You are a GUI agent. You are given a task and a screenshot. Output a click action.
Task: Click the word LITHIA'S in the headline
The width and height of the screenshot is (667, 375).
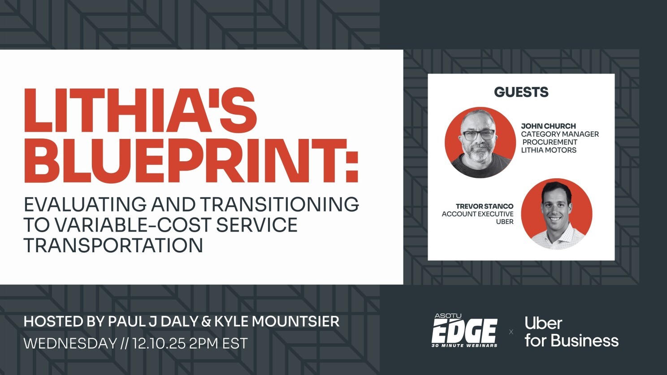(140, 110)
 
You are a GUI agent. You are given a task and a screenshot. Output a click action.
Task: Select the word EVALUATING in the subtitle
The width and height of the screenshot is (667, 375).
(85, 204)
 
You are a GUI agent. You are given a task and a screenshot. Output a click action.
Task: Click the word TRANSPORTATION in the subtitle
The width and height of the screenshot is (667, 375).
(113, 246)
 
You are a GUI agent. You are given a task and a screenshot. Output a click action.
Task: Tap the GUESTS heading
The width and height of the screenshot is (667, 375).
(521, 92)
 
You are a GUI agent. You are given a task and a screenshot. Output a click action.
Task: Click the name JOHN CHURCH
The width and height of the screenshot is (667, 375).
(548, 126)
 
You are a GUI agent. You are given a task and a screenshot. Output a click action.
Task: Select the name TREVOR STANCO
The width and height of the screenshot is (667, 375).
(484, 206)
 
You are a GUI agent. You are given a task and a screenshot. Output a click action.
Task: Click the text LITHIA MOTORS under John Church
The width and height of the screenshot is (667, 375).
(548, 150)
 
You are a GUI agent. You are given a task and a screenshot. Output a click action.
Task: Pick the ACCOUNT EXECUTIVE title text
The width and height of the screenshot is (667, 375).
(477, 214)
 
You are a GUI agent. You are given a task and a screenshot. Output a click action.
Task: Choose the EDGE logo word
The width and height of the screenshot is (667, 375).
(464, 332)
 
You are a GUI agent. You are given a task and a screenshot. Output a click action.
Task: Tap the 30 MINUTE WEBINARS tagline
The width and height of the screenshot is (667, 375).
(464, 345)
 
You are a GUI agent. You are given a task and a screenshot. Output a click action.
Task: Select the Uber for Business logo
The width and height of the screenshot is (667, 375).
(571, 332)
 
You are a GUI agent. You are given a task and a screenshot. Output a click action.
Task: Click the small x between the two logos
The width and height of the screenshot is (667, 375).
(511, 332)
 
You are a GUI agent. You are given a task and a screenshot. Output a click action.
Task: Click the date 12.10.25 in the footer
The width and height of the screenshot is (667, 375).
(159, 344)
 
